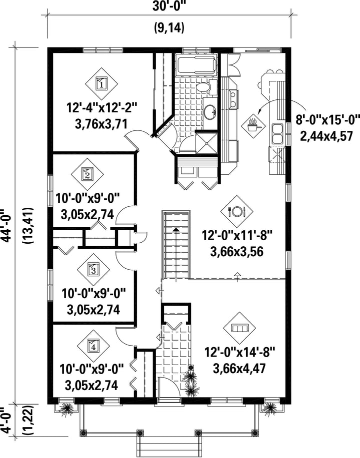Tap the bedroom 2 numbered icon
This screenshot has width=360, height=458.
87,174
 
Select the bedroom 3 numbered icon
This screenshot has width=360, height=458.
93,270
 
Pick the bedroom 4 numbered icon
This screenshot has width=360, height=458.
93,346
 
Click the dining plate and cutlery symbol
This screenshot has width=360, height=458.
236,211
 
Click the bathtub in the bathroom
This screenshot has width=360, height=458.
196,65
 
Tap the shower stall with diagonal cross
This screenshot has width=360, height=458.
207,143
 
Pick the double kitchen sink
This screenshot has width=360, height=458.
277,133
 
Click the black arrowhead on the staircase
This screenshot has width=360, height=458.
176,230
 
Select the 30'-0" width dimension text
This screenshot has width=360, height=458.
169,6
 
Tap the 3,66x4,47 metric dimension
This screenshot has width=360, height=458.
239,369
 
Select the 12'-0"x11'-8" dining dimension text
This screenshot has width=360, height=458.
237,235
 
